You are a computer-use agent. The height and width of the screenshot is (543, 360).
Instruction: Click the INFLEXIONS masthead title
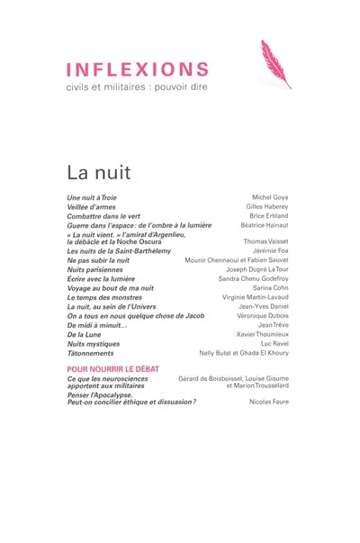click(x=138, y=69)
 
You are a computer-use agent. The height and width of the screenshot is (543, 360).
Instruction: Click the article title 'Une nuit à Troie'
click(x=92, y=197)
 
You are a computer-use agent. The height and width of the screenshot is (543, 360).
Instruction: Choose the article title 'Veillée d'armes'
click(x=92, y=207)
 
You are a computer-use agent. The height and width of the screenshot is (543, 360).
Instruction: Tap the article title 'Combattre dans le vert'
click(x=103, y=217)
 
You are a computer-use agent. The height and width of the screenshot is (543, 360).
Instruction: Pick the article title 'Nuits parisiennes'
click(x=94, y=269)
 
